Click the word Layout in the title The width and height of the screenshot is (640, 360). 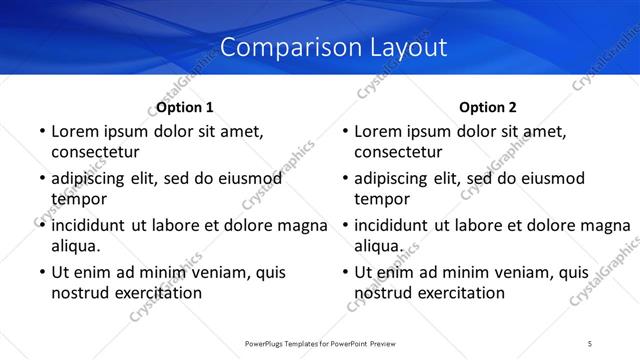[400, 47]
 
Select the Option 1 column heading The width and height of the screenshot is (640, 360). [185, 107]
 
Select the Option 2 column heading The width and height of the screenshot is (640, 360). [488, 107]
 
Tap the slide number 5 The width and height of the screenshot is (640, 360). [590, 344]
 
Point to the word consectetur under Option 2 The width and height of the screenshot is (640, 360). [397, 152]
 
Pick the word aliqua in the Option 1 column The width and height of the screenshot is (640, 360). [76, 246]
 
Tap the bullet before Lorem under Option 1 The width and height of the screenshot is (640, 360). [41, 131]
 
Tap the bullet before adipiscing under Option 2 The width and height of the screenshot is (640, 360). [344, 178]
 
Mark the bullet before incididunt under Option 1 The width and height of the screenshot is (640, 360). [41, 225]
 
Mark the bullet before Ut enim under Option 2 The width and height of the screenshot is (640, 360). [344, 272]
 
